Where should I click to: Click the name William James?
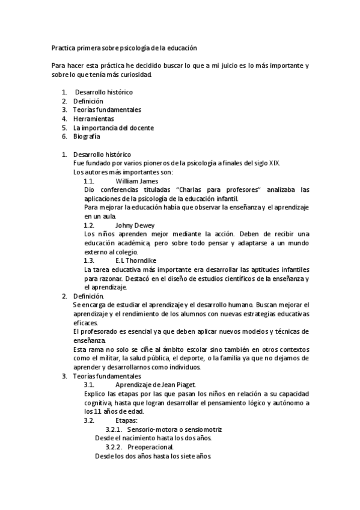(x=136, y=180)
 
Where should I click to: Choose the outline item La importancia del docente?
(x=113, y=127)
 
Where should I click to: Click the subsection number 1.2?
(x=89, y=225)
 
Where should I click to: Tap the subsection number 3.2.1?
(x=114, y=429)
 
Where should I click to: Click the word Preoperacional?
(x=150, y=447)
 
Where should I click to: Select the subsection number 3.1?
(x=89, y=385)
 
